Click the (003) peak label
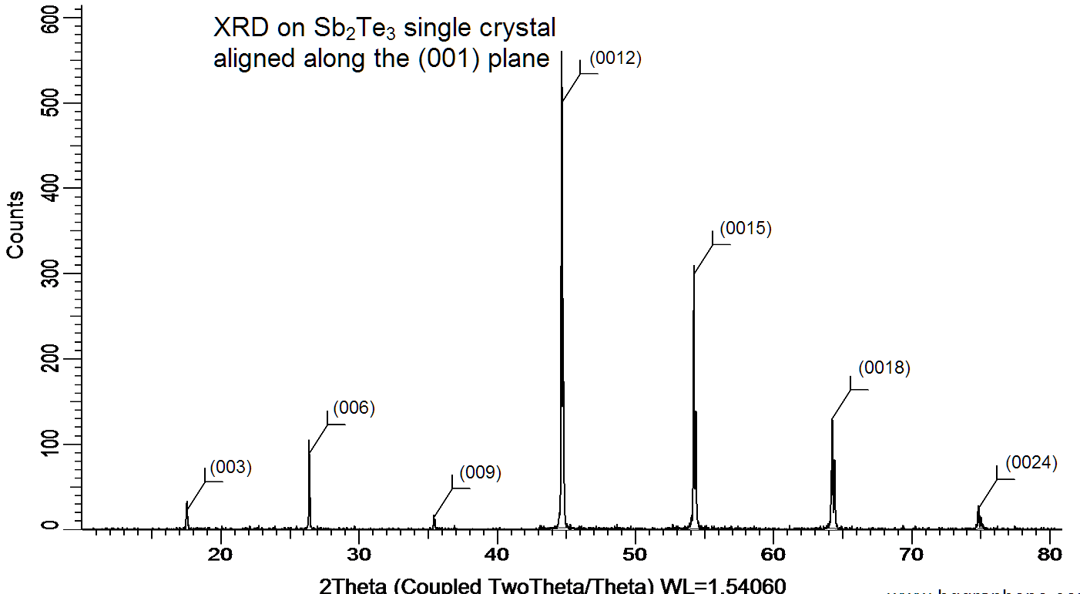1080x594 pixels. tap(231, 466)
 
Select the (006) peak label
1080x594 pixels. tap(354, 408)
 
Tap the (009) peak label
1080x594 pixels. tap(480, 472)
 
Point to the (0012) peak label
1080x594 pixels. tap(615, 58)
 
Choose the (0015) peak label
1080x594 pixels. tap(745, 228)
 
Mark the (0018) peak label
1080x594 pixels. tap(884, 367)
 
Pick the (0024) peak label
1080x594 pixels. tap(1031, 463)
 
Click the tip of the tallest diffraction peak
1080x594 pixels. tap(562, 52)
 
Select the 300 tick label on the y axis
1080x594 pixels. tap(49, 274)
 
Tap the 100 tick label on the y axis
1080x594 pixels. tap(49, 445)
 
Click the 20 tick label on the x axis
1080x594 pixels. tap(221, 554)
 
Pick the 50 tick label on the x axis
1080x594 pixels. tap(636, 554)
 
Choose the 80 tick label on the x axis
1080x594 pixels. tap(1050, 554)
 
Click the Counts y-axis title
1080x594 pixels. tap(15, 224)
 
